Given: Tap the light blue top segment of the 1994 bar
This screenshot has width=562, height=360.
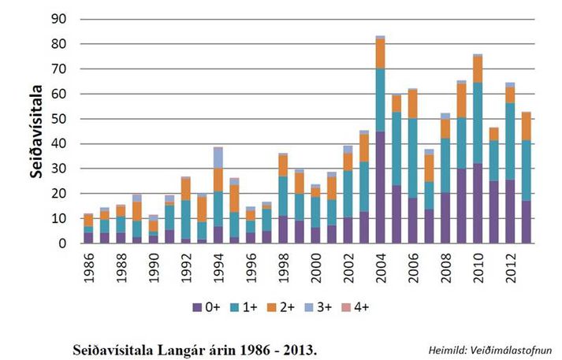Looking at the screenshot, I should pyautogui.click(x=218, y=158).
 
